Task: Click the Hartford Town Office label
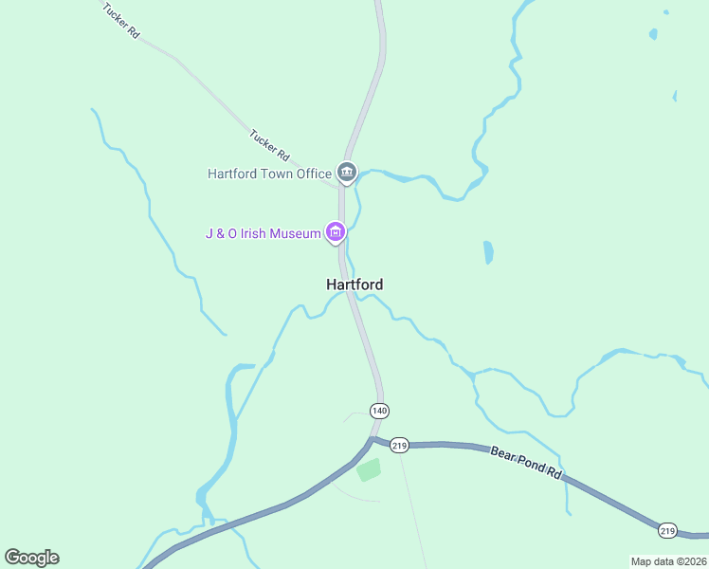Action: (270, 174)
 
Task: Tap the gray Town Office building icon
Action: (347, 173)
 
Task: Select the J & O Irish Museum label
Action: (264, 233)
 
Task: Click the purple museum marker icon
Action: (335, 232)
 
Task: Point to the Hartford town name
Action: (354, 284)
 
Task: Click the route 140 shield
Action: (379, 411)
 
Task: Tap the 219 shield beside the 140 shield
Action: (399, 445)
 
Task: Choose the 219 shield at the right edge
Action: (668, 530)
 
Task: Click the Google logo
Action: (31, 558)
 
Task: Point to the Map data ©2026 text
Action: (668, 561)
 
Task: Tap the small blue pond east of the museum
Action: (488, 251)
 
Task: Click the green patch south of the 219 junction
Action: (368, 468)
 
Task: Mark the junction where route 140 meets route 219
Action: (373, 439)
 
